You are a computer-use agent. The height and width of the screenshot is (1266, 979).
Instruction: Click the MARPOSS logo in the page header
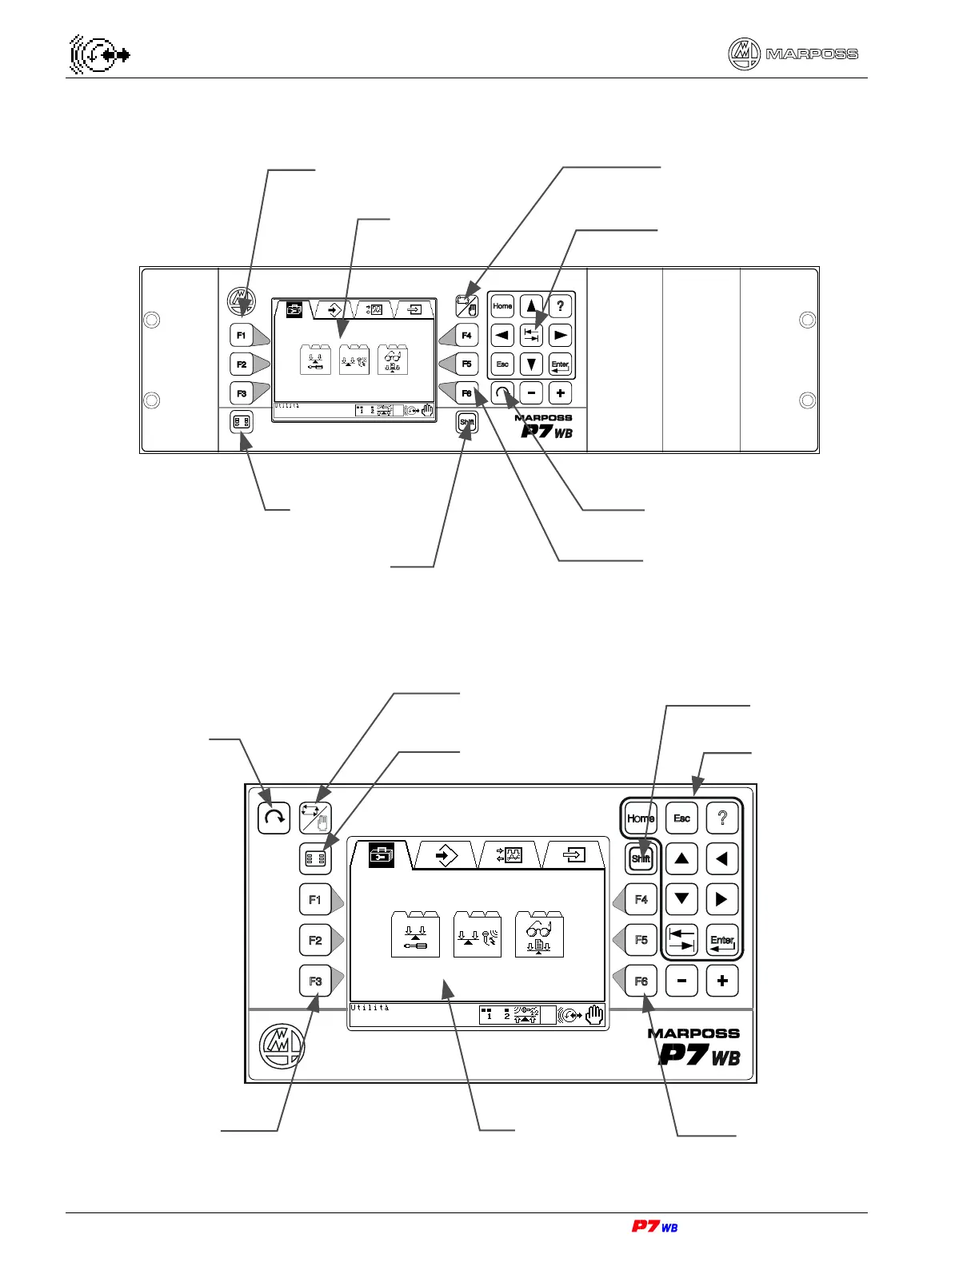point(793,54)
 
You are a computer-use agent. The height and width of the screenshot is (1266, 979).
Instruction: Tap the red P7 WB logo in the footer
point(654,1226)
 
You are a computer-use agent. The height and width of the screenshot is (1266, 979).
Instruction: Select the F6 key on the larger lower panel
point(641,981)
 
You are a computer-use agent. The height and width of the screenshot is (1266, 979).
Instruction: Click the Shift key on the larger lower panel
point(641,858)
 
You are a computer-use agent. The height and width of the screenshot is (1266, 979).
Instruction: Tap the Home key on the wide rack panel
point(502,306)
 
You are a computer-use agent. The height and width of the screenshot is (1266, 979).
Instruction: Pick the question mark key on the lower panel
point(722,818)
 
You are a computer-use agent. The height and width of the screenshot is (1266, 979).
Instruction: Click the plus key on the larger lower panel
point(722,981)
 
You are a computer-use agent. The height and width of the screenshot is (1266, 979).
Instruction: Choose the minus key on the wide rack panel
point(531,393)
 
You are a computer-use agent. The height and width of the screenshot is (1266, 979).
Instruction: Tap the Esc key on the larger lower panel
point(681,818)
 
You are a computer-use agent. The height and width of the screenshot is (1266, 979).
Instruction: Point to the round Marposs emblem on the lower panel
point(281,1044)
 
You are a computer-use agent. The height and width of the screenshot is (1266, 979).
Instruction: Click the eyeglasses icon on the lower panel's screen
point(540,934)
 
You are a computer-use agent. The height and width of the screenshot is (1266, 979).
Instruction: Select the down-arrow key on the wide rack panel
point(531,364)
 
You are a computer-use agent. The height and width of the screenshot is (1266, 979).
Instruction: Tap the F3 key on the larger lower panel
point(315,981)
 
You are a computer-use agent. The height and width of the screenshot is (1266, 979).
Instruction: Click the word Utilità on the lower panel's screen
point(370,1009)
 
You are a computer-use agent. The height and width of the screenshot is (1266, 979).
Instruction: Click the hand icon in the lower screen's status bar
point(594,1016)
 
